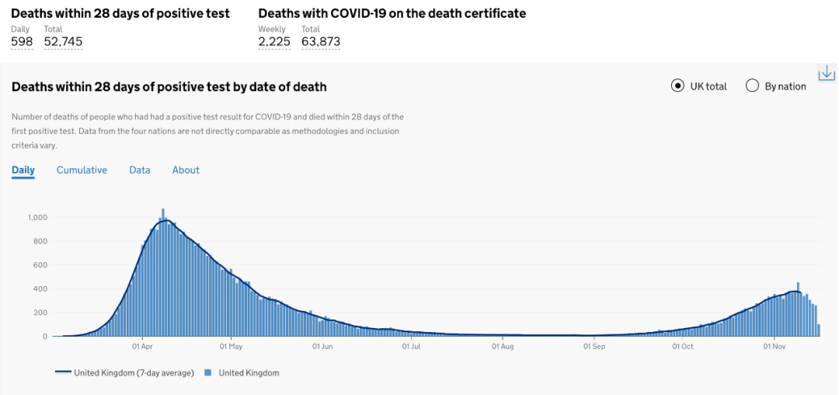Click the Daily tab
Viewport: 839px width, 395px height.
(23, 170)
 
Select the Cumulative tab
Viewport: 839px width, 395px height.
(82, 170)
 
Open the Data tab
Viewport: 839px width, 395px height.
(140, 170)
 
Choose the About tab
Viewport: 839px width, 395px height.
(186, 170)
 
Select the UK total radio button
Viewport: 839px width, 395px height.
(677, 86)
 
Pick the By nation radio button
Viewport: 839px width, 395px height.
(752, 86)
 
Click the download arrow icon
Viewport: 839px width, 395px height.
(827, 73)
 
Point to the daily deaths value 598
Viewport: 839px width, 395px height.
(22, 42)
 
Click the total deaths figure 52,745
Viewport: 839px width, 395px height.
(63, 42)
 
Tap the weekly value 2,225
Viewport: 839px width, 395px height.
(274, 42)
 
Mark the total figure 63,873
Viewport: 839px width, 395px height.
(321, 42)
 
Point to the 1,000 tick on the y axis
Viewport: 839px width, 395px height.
(37, 217)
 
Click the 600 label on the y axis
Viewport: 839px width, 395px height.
(40, 265)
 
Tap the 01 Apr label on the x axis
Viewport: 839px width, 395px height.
(141, 347)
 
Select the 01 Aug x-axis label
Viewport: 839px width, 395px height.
(502, 347)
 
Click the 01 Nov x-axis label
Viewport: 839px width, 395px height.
(774, 347)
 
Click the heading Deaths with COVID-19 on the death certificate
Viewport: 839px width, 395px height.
(392, 13)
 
